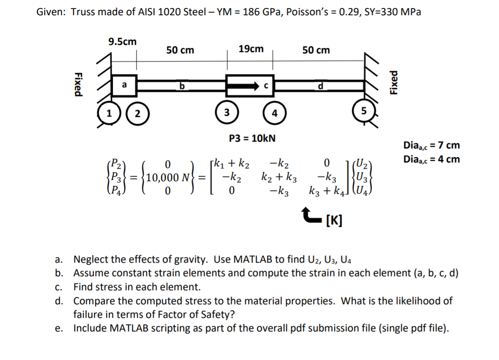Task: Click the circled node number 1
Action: (x=109, y=114)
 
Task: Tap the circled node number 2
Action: (x=137, y=114)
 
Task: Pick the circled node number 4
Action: (x=274, y=113)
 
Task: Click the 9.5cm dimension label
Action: (x=123, y=42)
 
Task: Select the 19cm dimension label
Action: (x=251, y=49)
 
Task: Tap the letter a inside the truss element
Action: (x=124, y=85)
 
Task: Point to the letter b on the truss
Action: (x=182, y=87)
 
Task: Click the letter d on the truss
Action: (x=320, y=87)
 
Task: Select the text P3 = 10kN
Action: (x=252, y=138)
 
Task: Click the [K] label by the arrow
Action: (x=334, y=220)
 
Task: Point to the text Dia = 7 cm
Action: (x=432, y=146)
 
